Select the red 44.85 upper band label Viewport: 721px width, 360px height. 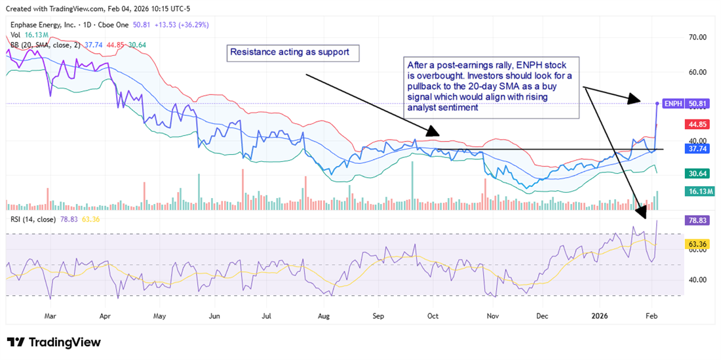pos(695,124)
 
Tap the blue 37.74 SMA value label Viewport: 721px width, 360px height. pos(695,149)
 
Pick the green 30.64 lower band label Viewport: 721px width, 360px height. pos(695,174)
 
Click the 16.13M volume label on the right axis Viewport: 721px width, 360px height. pos(695,191)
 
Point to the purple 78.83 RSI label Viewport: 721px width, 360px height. pos(695,221)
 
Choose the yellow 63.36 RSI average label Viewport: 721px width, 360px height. pos(695,244)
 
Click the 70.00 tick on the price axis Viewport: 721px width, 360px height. pos(695,37)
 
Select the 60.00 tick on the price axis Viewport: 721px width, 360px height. pos(695,72)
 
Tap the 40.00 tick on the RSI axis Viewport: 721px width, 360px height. pos(695,279)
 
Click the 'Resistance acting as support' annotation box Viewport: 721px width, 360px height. pos(293,52)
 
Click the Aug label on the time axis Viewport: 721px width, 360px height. pos(323,315)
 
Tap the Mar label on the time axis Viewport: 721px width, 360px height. pos(49,315)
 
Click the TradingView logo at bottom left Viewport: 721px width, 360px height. pos(54,342)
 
